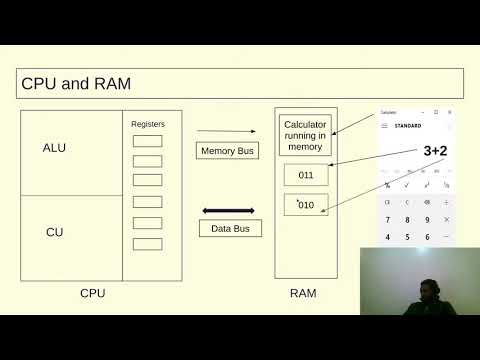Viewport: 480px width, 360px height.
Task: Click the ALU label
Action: point(54,148)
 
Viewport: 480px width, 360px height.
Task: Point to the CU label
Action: point(54,232)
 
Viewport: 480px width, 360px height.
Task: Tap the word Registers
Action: point(148,124)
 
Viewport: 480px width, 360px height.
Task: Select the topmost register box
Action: point(147,141)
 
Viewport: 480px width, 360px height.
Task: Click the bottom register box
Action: point(147,244)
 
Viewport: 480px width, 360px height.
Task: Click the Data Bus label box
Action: point(229,228)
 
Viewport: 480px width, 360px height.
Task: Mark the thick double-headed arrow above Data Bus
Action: point(229,211)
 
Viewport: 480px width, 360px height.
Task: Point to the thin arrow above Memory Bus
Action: point(217,131)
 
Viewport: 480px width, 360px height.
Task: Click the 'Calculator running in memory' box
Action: point(304,135)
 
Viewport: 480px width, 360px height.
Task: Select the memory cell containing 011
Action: point(306,175)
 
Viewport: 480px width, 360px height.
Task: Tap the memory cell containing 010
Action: point(306,205)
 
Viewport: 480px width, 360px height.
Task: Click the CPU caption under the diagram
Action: point(92,293)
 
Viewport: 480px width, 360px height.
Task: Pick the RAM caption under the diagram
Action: point(303,293)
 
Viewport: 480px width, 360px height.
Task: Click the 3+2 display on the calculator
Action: point(434,151)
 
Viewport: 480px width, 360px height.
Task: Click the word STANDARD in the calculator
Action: point(407,126)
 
